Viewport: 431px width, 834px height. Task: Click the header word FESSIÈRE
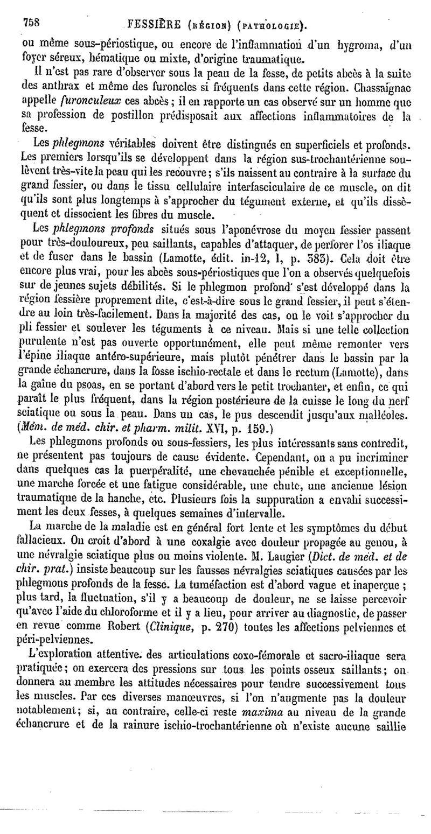coord(151,24)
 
